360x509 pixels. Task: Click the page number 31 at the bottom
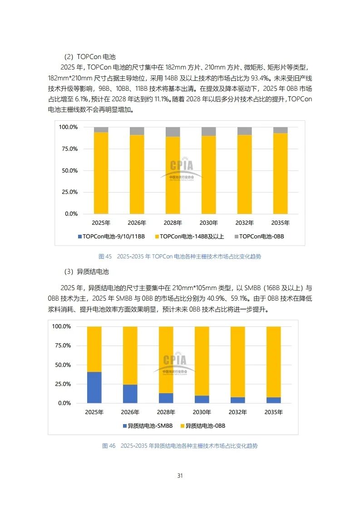[x=180, y=475]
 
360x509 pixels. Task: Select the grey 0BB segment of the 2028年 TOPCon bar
[x=173, y=132]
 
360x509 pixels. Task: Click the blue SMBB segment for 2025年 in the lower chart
[x=94, y=387]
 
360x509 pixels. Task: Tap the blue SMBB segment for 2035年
[x=274, y=400]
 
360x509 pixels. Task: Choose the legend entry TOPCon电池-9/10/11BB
[x=112, y=237]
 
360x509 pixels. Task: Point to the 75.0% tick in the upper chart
[x=69, y=149]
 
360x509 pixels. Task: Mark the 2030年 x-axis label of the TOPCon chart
[x=208, y=223]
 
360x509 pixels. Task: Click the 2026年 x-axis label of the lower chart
[x=130, y=412]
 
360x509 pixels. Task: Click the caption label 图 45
[x=105, y=257]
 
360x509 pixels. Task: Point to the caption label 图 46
[x=108, y=446]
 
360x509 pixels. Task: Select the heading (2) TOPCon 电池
[x=89, y=57]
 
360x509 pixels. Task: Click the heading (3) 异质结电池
[x=86, y=272]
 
